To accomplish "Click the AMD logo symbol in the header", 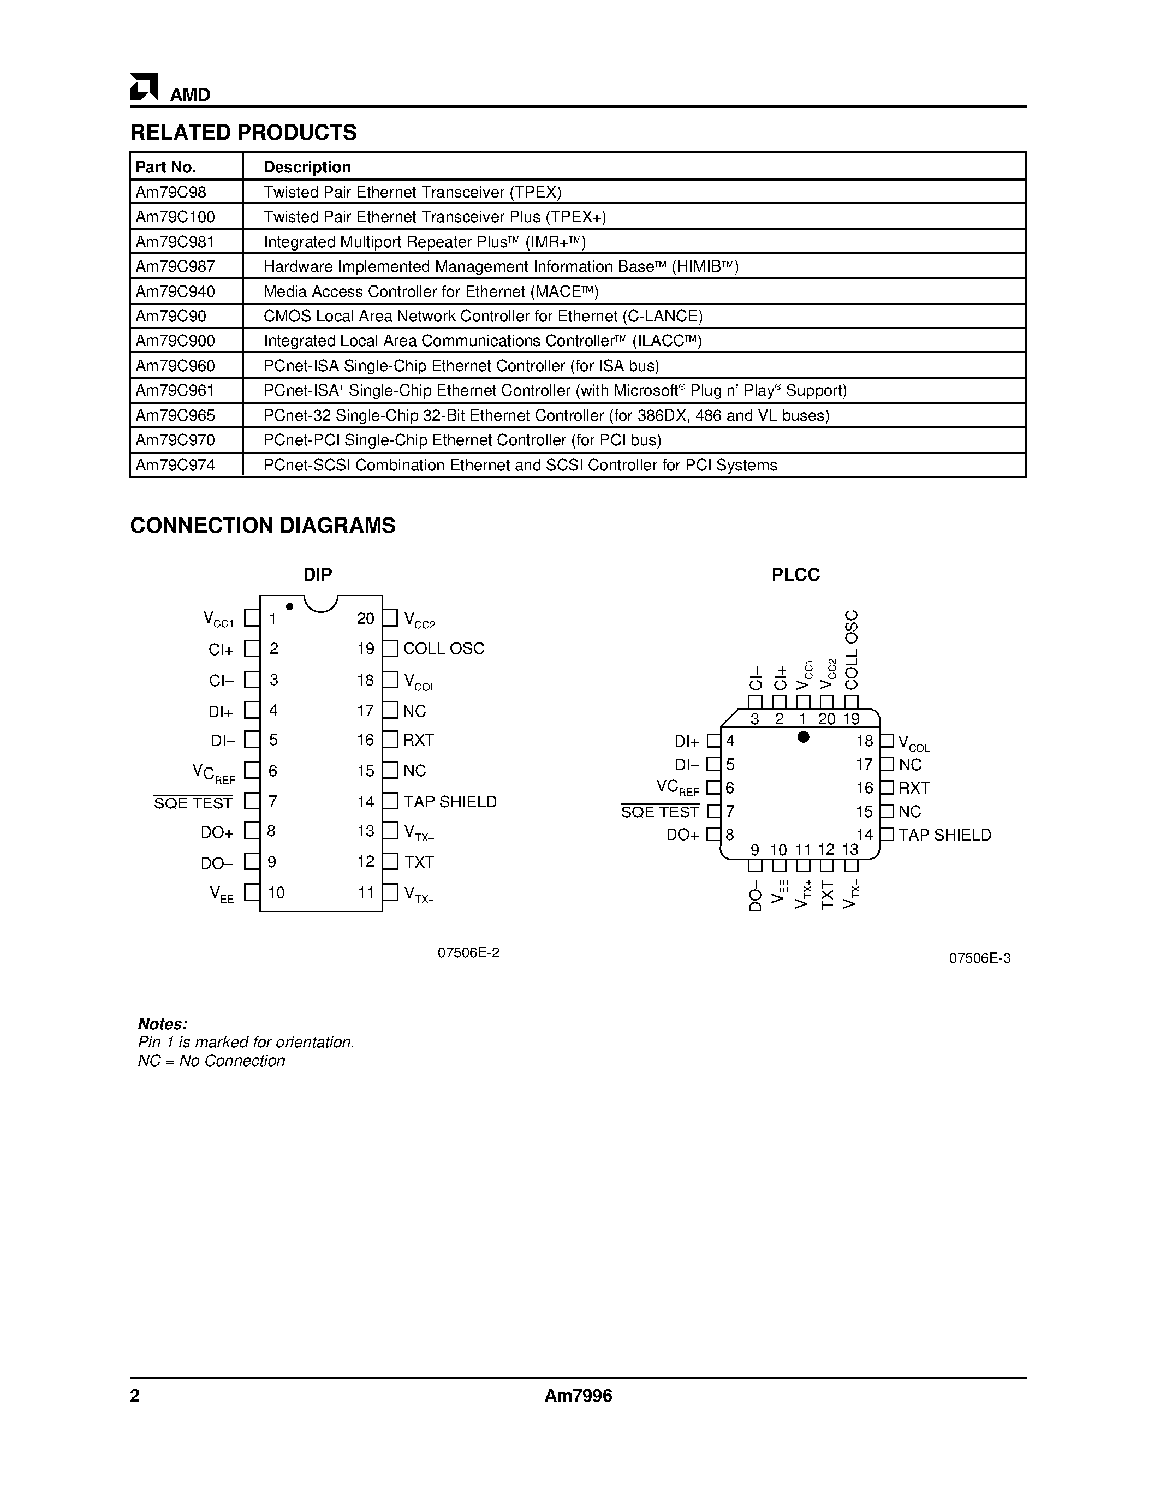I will pos(144,87).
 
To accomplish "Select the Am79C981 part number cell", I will pos(175,242).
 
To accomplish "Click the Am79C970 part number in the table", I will pos(175,440).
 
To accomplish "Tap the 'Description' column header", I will pos(307,167).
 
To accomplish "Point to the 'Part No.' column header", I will pos(165,167).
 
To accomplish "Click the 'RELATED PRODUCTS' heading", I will pos(243,133).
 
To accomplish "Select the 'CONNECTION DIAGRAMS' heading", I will pos(263,526).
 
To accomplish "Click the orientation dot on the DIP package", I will pos(289,606).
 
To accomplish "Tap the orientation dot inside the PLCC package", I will pos(802,737).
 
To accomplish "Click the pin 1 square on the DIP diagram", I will pos(252,618).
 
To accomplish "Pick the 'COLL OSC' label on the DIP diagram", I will pos(443,649).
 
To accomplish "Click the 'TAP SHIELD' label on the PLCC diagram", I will pos(944,835).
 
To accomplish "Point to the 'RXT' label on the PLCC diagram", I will pos(914,788).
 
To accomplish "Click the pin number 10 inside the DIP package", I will pos(276,893).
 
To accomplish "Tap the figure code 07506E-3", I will pos(979,958).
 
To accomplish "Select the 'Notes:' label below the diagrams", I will pos(162,1023).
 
